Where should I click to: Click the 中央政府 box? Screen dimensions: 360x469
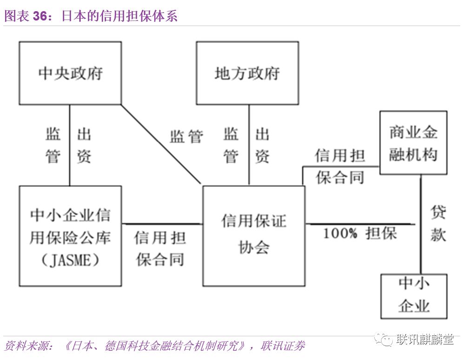pyautogui.click(x=70, y=73)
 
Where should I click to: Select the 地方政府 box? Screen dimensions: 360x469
pyautogui.click(x=247, y=73)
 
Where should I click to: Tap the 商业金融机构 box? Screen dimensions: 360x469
pyautogui.click(x=413, y=143)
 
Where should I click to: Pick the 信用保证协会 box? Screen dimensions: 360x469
pyautogui.click(x=254, y=235)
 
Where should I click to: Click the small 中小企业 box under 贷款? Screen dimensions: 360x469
pyautogui.click(x=414, y=296)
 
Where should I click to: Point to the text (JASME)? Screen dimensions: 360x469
pyautogui.click(x=70, y=260)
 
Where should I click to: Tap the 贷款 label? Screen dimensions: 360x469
pyautogui.click(x=438, y=223)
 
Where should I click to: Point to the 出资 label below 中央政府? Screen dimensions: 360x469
pyautogui.click(x=84, y=146)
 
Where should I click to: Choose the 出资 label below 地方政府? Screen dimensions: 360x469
pyautogui.click(x=262, y=146)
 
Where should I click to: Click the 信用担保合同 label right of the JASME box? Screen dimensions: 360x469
pyautogui.click(x=160, y=248)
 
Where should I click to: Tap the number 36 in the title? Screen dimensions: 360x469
pyautogui.click(x=40, y=16)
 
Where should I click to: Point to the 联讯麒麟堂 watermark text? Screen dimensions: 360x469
pyautogui.click(x=425, y=340)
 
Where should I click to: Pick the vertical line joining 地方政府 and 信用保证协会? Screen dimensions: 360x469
pyautogui.click(x=249, y=145)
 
